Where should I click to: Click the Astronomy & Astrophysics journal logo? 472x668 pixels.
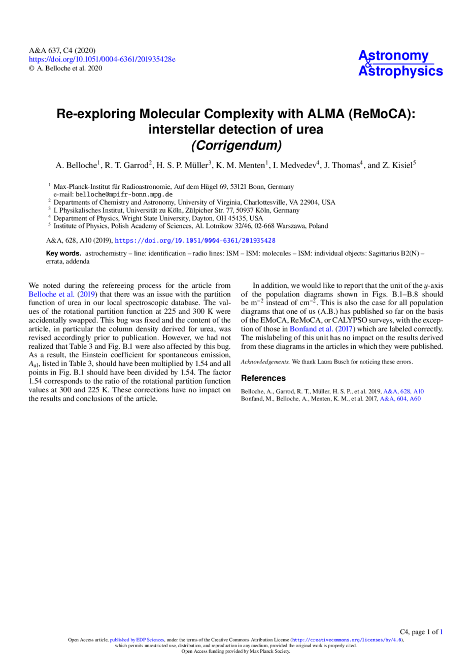pos(400,63)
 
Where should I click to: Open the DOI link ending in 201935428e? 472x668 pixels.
pos(102,59)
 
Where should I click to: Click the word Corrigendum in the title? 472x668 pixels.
pos(236,146)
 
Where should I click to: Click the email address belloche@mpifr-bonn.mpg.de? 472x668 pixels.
pos(124,195)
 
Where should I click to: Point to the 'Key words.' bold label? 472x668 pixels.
pos(63,253)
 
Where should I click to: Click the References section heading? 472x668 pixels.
pos(263,378)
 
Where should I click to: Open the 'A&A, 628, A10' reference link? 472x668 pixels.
pos(403,391)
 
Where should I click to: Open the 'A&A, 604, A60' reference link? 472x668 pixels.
pos(400,398)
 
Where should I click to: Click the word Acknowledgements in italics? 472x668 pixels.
pos(265,362)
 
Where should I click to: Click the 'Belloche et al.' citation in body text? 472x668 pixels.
pos(51,294)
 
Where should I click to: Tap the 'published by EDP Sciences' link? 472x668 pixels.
pos(137,640)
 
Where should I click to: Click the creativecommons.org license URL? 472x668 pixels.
pos(347,640)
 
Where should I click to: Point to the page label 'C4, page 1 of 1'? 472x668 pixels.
pos(421,631)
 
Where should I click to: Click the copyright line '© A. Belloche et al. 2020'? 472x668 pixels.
pos(65,69)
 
